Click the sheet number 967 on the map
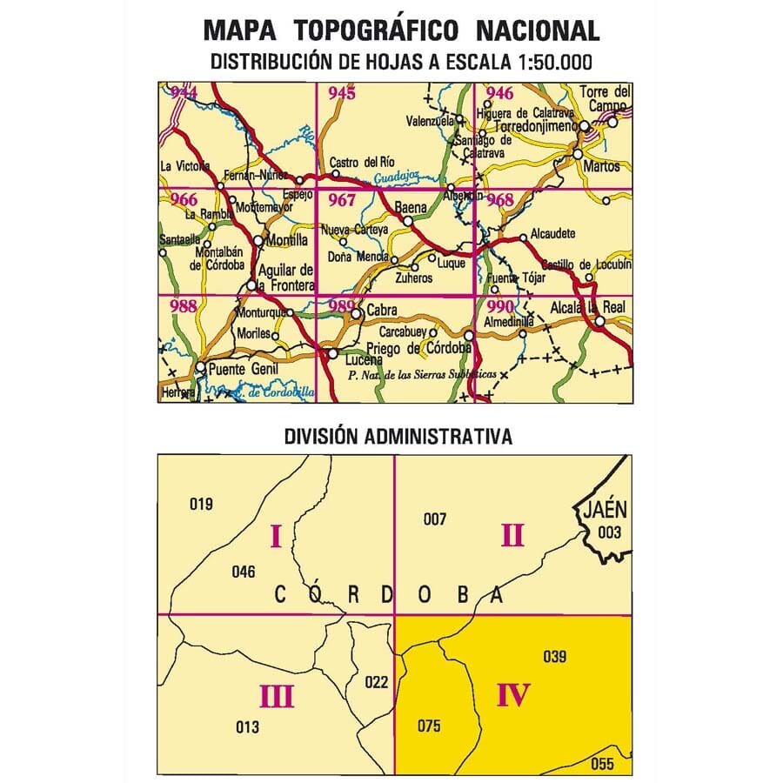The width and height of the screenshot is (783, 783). coord(341,200)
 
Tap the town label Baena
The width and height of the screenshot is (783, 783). coord(410,209)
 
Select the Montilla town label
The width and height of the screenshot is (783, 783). coord(286,240)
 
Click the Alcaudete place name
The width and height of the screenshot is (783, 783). coord(555,236)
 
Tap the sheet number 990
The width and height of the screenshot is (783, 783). coord(500,306)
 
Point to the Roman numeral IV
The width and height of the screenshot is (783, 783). coord(513,695)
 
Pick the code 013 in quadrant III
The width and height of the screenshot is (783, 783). coord(248,726)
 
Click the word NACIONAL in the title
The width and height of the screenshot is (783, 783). coord(538,30)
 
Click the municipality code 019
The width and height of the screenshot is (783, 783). coord(201,504)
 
